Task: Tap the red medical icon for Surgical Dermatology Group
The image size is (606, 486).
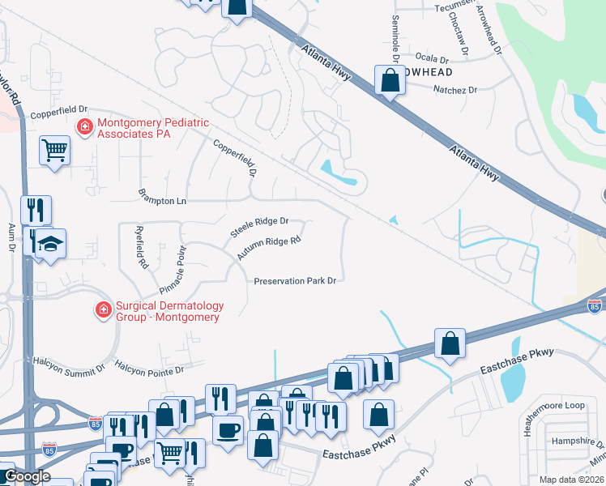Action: tap(103, 310)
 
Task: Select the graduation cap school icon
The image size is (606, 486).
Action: tap(50, 243)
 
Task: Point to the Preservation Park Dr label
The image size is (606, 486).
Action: tap(295, 281)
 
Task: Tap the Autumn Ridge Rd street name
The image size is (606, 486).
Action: tap(269, 249)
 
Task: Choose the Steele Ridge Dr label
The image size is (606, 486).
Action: tap(259, 226)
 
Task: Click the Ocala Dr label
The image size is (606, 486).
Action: tap(432, 59)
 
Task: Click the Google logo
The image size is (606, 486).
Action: tap(26, 476)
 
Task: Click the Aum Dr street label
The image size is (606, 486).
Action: tap(12, 236)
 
